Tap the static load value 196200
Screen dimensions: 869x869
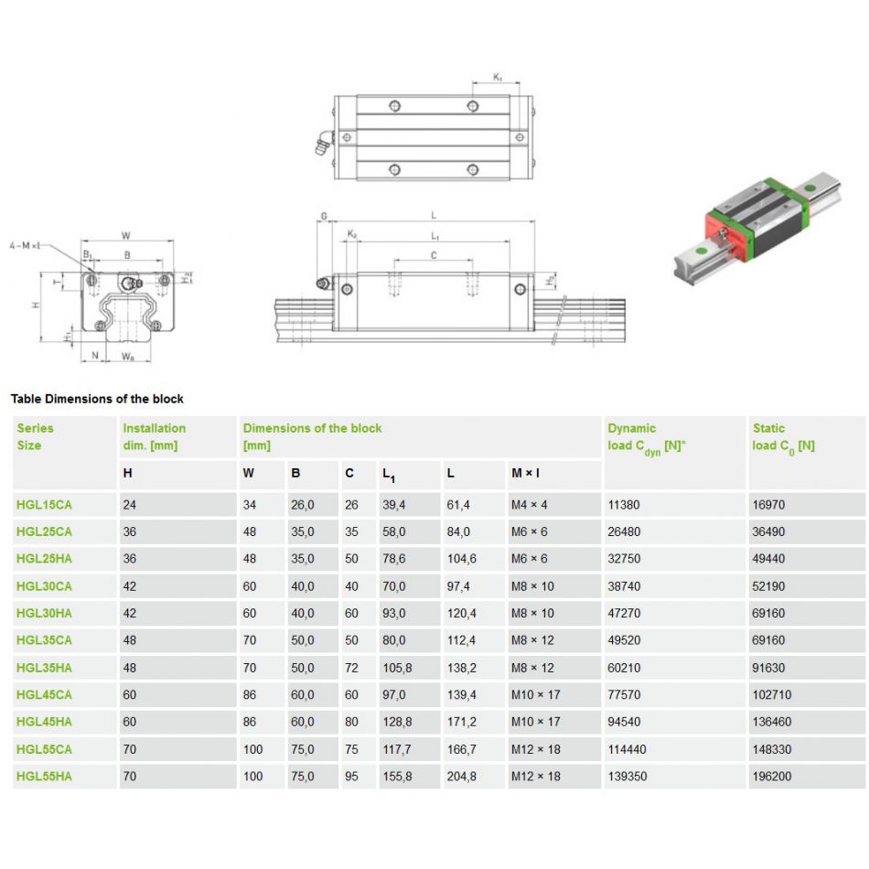point(771,777)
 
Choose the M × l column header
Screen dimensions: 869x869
point(526,474)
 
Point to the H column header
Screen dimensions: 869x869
point(127,474)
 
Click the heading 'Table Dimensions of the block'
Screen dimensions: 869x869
point(97,399)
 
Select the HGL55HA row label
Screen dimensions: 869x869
point(44,777)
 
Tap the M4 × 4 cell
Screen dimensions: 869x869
point(530,504)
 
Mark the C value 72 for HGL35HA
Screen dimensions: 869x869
point(351,668)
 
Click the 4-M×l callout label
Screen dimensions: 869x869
point(25,245)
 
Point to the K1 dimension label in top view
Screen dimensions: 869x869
point(498,79)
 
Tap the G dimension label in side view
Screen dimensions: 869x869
point(324,217)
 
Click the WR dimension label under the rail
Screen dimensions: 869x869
point(129,358)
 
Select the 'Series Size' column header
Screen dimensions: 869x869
point(36,436)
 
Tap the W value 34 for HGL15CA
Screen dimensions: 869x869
point(250,504)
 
